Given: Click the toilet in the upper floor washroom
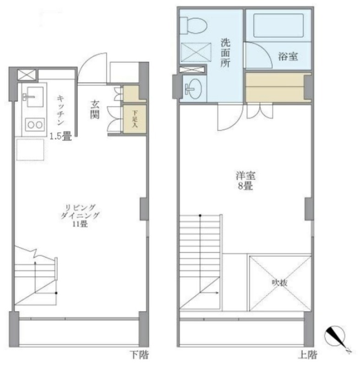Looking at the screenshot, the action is (x=193, y=26).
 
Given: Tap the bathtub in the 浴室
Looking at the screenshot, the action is (x=278, y=26).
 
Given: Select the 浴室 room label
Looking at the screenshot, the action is (x=288, y=56).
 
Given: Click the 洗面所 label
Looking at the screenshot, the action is (x=225, y=53).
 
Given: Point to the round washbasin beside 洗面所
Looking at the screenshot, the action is (x=194, y=88).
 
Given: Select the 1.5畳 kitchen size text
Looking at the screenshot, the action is (x=61, y=136).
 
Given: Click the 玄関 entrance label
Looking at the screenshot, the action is (x=95, y=109).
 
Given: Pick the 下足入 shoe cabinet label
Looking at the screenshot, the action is (x=135, y=119).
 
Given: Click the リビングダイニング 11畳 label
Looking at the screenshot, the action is (x=80, y=215).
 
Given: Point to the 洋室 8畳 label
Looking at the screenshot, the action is (x=245, y=181).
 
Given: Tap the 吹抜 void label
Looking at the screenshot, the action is (x=280, y=283).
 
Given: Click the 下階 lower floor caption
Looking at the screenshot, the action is (x=139, y=355).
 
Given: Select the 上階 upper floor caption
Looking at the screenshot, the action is (x=307, y=355).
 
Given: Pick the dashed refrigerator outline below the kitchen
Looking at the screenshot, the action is (x=30, y=150).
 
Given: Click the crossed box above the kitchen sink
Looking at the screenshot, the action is (x=27, y=75).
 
